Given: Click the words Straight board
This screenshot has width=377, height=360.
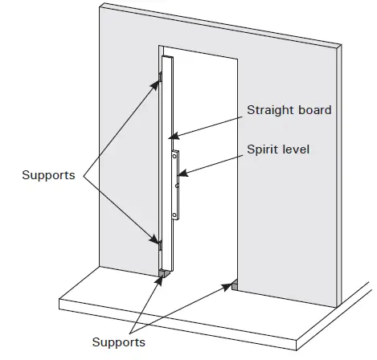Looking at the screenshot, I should pyautogui.click(x=289, y=110).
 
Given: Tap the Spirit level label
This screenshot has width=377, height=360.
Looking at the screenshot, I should pyautogui.click(x=277, y=148).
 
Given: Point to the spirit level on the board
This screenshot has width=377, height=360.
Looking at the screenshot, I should pyautogui.click(x=176, y=183).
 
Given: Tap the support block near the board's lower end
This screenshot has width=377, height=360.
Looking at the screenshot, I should pyautogui.click(x=160, y=242).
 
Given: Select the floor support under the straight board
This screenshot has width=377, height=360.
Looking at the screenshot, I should pyautogui.click(x=163, y=274).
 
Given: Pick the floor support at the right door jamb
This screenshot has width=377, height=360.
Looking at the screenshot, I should pyautogui.click(x=233, y=284).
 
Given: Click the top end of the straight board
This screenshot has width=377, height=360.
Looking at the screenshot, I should pyautogui.click(x=166, y=59).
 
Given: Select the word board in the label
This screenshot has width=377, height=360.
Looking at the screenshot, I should pyautogui.click(x=313, y=110).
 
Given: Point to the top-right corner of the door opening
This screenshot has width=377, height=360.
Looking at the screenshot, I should pyautogui.click(x=238, y=58).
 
